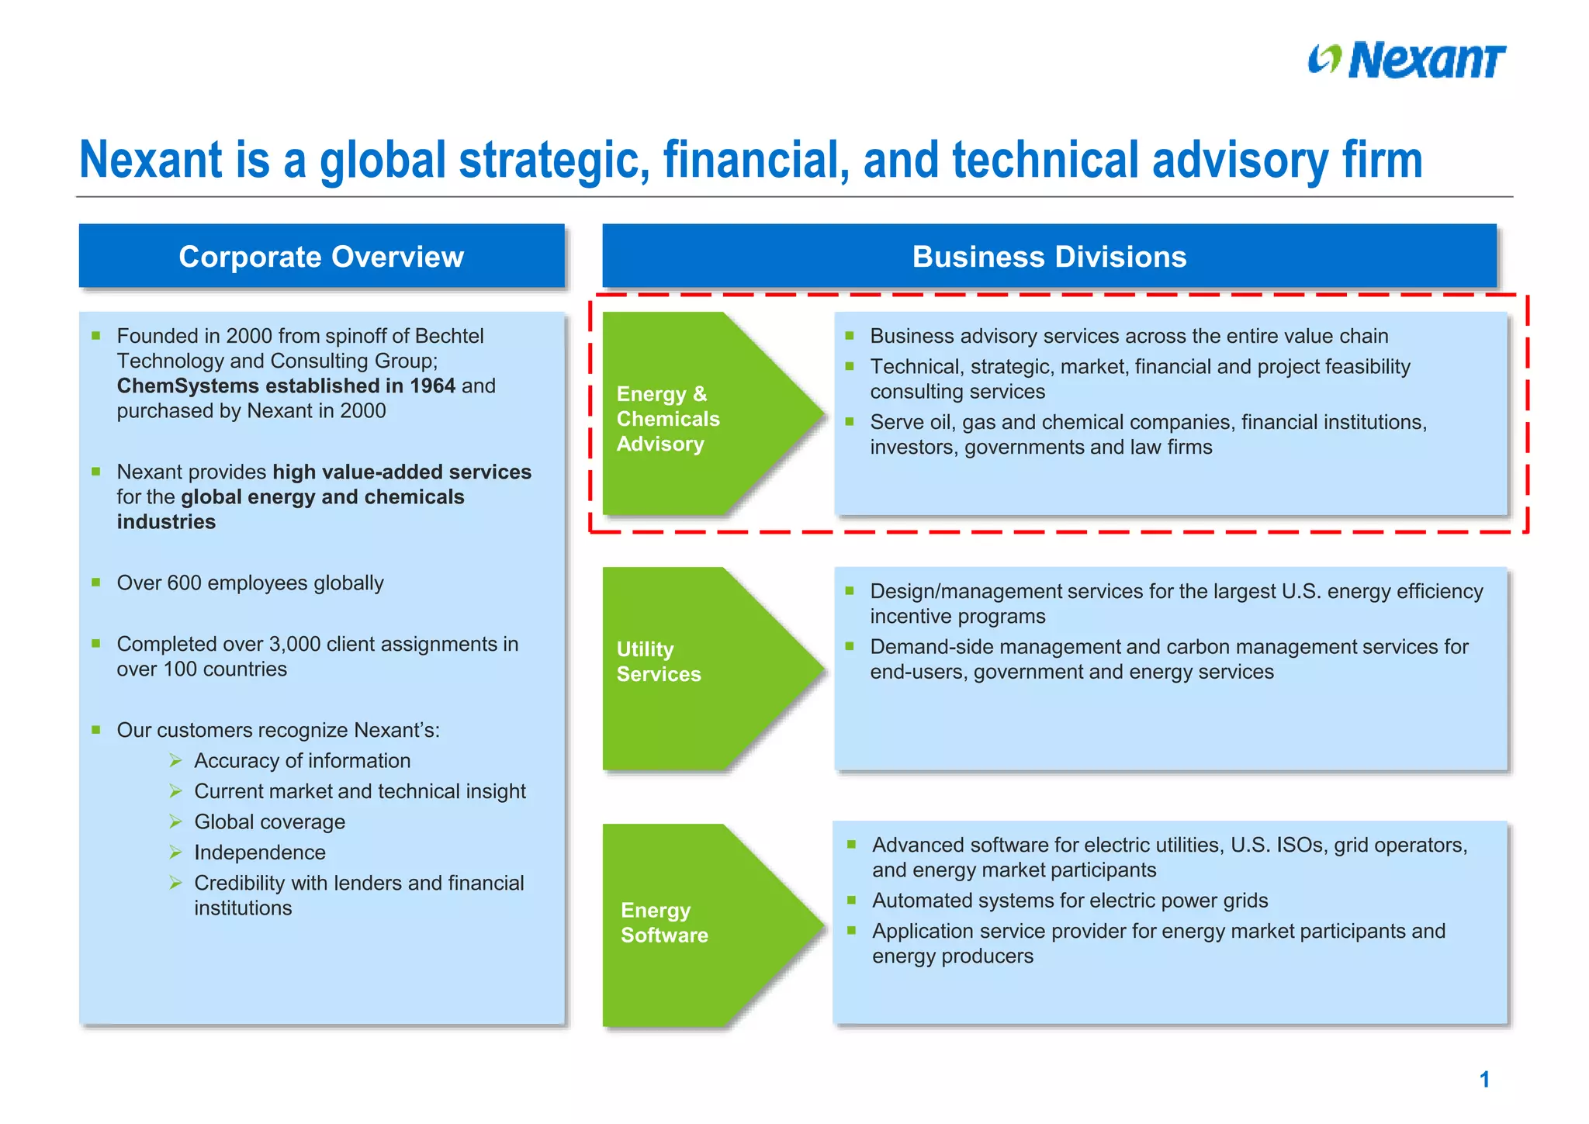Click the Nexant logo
(x=1406, y=61)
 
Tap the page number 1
(x=1483, y=1079)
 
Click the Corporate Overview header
(x=321, y=257)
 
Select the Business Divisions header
(x=1049, y=257)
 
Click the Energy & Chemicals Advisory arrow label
(x=667, y=419)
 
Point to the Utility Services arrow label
(x=658, y=662)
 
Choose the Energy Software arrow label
(x=664, y=922)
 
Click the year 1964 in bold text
(x=432, y=386)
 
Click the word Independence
(x=259, y=853)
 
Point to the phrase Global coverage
(x=269, y=821)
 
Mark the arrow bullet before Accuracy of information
(x=176, y=761)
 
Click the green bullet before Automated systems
(x=851, y=900)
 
